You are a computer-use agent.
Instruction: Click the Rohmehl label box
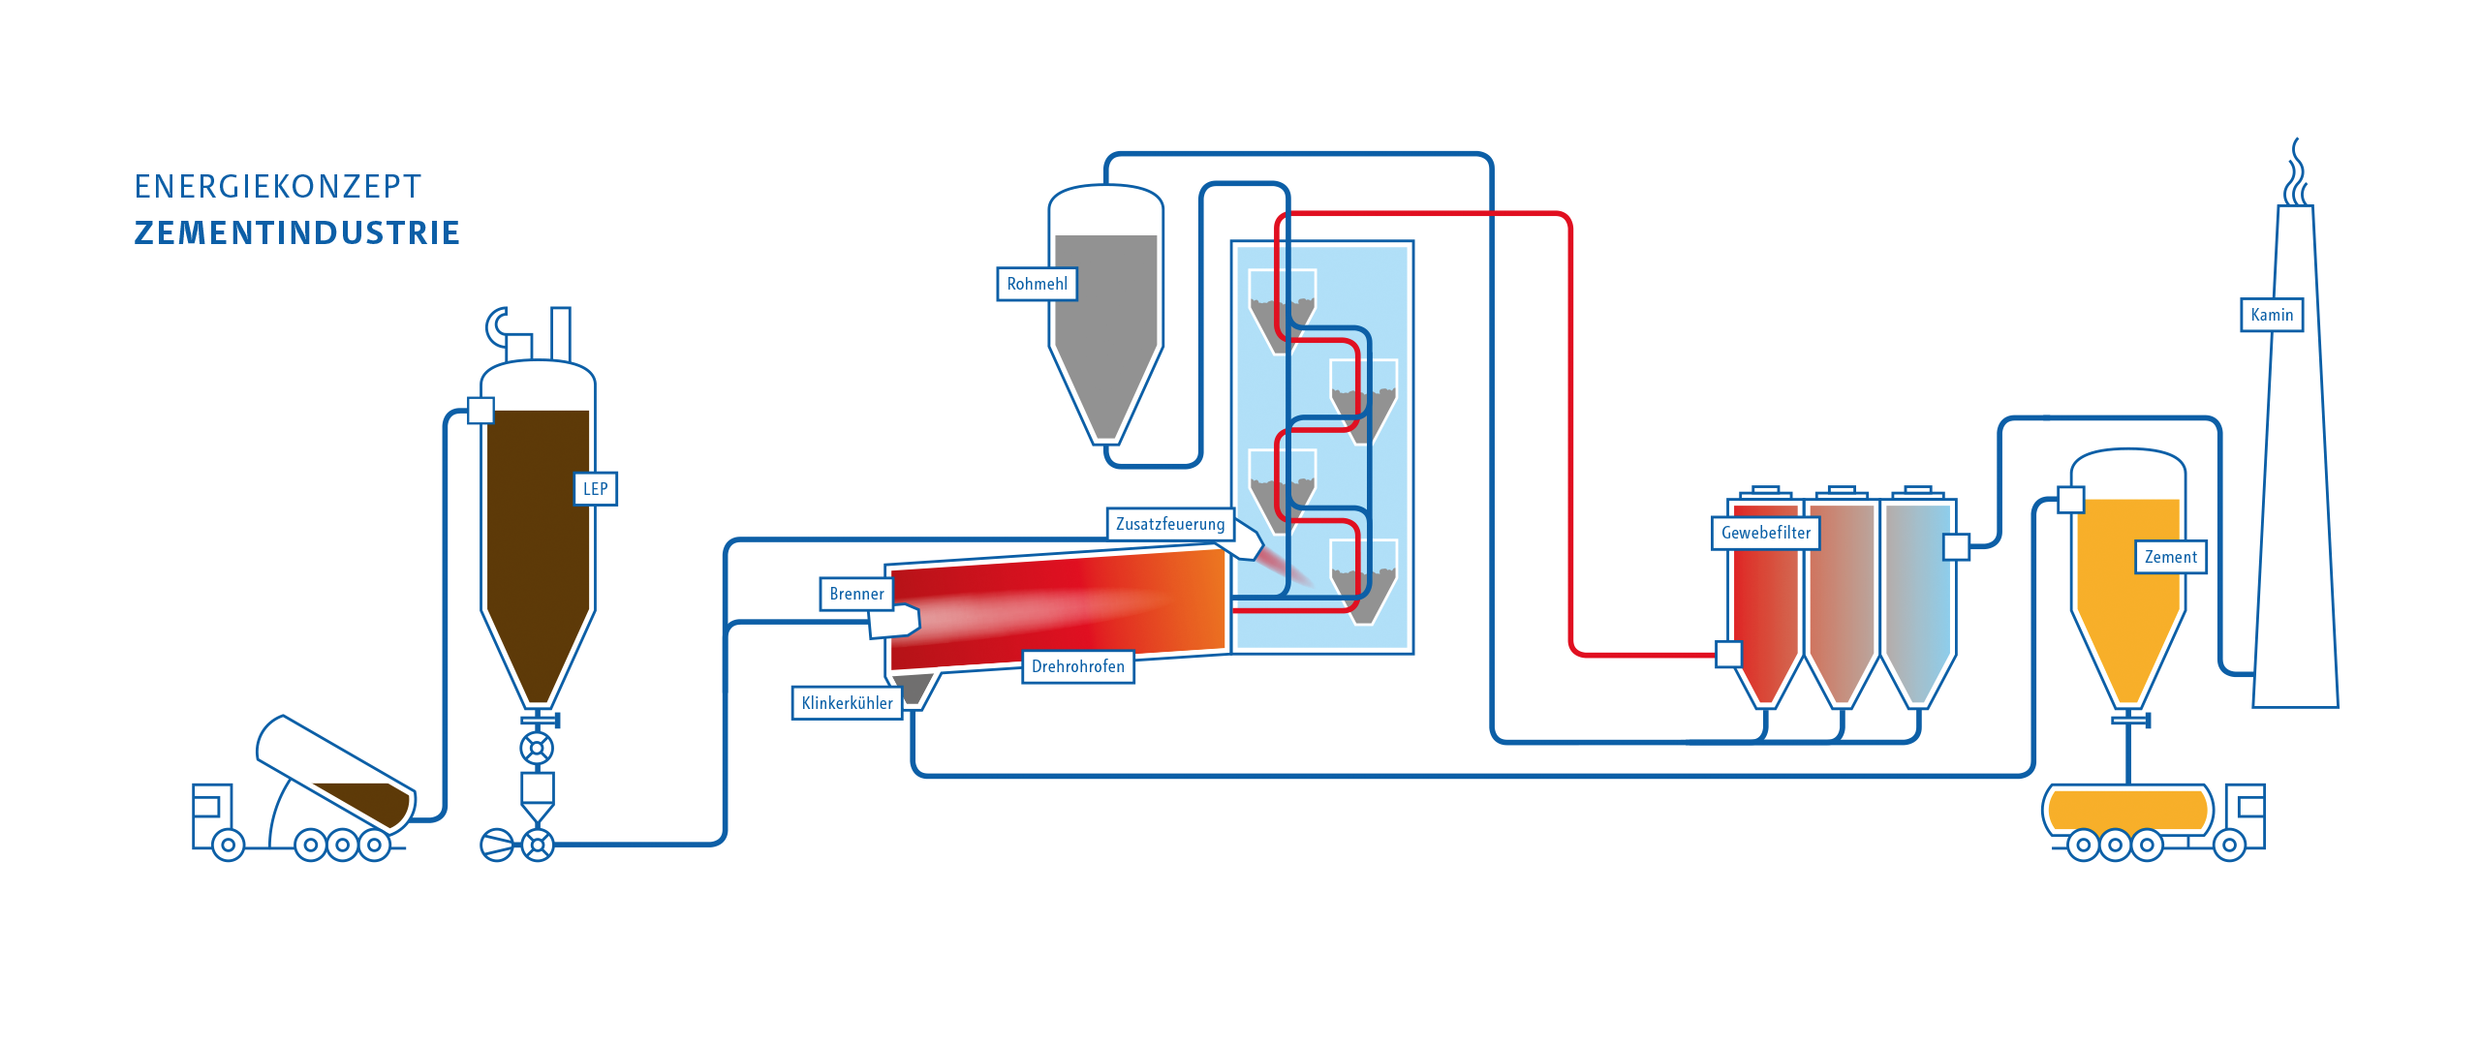point(1037,284)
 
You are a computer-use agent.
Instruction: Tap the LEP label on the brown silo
point(595,489)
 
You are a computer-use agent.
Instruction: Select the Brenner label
point(856,594)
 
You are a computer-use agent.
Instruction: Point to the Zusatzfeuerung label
point(1170,524)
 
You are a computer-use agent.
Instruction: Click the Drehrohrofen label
point(1078,666)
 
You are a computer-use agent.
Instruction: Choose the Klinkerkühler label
point(848,703)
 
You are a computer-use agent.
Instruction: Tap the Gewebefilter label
point(1766,533)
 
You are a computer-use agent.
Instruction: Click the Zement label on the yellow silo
point(2171,557)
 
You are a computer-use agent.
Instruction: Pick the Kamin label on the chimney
point(2272,315)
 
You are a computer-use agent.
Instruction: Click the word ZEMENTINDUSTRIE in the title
point(296,233)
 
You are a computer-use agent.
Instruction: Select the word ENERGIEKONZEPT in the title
point(278,186)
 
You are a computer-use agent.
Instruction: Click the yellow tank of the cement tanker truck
point(2127,809)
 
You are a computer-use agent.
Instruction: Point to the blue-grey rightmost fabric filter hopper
point(1918,600)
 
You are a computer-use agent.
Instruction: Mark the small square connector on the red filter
point(1728,655)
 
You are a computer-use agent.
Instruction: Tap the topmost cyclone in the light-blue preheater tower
point(1282,311)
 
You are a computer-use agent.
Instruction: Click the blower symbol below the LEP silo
point(497,845)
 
